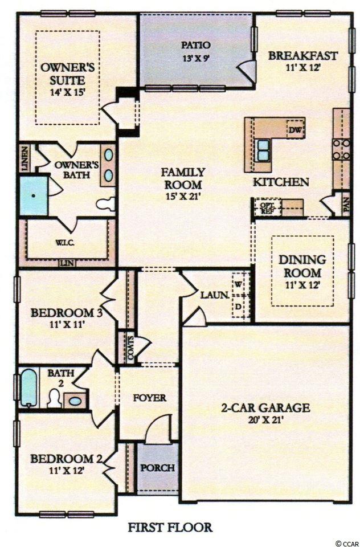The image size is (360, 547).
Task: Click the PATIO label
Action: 196,45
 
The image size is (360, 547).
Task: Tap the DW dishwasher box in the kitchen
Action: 294,129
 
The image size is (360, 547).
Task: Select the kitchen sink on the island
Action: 264,150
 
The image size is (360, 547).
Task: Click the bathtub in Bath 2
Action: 28,388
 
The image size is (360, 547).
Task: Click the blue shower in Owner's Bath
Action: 34,195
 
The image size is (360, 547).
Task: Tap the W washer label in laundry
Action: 238,284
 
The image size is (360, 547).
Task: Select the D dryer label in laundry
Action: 238,307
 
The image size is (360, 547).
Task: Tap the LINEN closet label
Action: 24,159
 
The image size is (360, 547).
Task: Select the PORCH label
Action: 158,467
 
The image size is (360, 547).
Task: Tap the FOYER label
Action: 150,398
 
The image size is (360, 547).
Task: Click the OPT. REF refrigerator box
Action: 267,208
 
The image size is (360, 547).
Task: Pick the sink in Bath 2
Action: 75,401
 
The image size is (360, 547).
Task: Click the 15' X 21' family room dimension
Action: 182,196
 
